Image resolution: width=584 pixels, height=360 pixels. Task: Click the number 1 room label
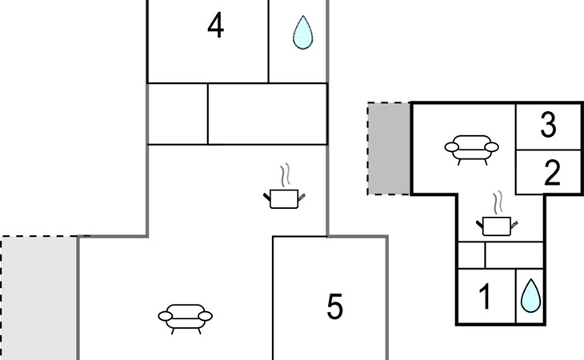click(x=485, y=296)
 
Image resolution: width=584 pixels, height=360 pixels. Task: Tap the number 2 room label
click(x=552, y=172)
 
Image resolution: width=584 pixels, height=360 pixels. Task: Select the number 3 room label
click(x=548, y=124)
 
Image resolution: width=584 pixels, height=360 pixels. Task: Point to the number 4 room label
click(x=216, y=26)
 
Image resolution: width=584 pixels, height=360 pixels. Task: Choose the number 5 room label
click(x=334, y=306)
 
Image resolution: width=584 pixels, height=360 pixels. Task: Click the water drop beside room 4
click(x=303, y=32)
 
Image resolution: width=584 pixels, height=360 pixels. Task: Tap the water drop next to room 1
click(x=530, y=295)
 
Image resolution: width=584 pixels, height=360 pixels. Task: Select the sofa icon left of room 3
click(x=471, y=150)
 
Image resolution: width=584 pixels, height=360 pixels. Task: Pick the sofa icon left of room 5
click(x=185, y=318)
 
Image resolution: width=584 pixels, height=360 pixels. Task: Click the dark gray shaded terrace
click(x=389, y=149)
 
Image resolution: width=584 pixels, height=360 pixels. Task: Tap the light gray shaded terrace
click(x=39, y=298)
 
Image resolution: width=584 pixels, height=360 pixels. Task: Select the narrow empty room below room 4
click(x=178, y=114)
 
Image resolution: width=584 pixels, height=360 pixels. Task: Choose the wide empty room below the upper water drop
click(x=267, y=114)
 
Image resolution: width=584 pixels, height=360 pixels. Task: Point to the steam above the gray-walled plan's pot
click(x=285, y=175)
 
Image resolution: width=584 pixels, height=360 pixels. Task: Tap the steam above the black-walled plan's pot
click(x=498, y=203)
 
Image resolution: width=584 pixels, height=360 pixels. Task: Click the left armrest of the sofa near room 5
click(x=165, y=317)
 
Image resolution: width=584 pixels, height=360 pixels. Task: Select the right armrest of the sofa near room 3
click(x=492, y=147)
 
